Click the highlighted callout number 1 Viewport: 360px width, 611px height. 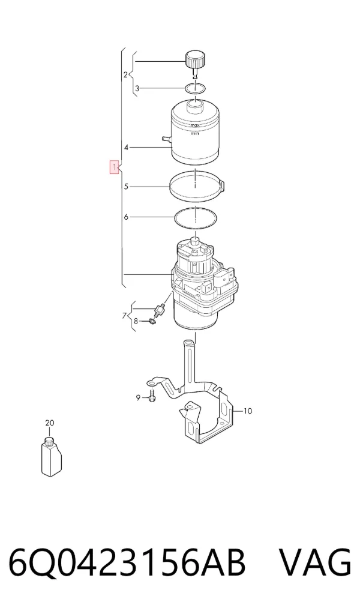[114, 167]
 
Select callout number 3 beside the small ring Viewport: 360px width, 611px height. [137, 89]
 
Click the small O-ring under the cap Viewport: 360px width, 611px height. [195, 88]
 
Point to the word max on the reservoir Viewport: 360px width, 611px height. [194, 125]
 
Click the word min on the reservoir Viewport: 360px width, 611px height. [195, 134]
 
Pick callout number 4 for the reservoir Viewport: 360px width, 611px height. [126, 148]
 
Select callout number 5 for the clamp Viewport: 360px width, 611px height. [126, 187]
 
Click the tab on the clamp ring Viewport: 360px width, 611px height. [223, 184]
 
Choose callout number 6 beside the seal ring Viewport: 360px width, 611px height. [126, 217]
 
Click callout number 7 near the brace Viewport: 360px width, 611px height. [124, 315]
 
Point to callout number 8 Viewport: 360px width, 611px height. [136, 322]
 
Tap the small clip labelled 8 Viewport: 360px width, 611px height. [152, 322]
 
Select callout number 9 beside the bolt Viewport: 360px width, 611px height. [137, 397]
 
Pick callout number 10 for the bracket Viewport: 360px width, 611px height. [248, 411]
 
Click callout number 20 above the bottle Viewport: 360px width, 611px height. [49, 423]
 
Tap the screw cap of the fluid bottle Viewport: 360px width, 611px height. [49, 442]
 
